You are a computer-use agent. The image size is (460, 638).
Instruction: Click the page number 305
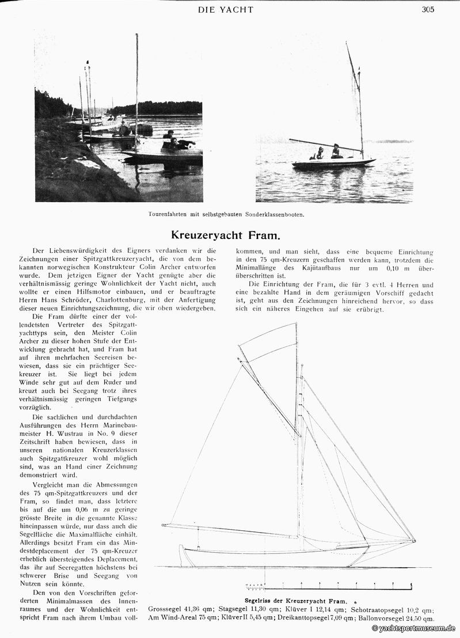[x=428, y=9]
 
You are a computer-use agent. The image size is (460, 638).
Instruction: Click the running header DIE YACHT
[x=225, y=9]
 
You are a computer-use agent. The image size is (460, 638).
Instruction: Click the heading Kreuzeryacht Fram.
[x=226, y=235]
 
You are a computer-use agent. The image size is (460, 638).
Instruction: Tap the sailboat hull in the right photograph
[x=333, y=164]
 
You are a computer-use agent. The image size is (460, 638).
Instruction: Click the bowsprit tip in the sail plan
[x=414, y=540]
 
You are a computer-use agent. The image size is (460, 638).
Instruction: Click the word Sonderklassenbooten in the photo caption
[x=271, y=215]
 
